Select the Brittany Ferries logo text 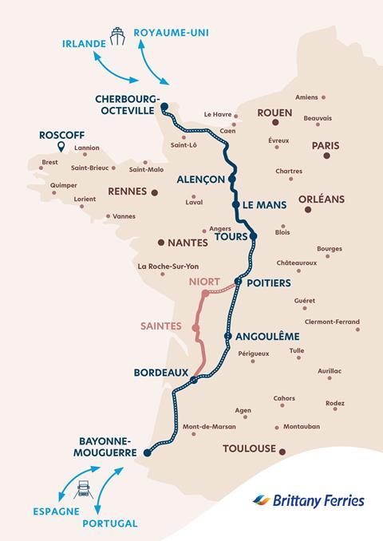click(x=318, y=501)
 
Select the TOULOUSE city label click(x=249, y=448)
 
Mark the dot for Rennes click(x=154, y=192)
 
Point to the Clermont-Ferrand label click(x=332, y=322)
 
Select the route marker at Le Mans click(x=236, y=205)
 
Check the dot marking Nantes click(x=161, y=243)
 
